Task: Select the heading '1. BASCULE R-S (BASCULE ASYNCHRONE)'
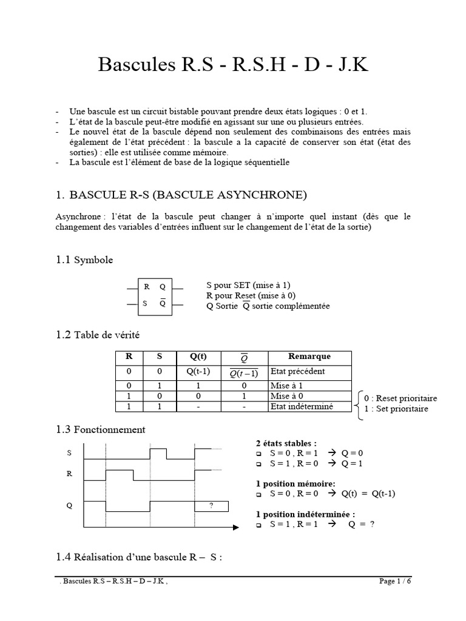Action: point(181,195)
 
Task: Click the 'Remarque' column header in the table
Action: point(309,357)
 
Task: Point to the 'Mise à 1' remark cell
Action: point(286,385)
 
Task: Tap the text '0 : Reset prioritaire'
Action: point(400,398)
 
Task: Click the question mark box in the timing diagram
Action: point(211,506)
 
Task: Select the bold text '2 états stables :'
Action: point(286,443)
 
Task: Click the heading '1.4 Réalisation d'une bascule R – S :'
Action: point(139,557)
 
